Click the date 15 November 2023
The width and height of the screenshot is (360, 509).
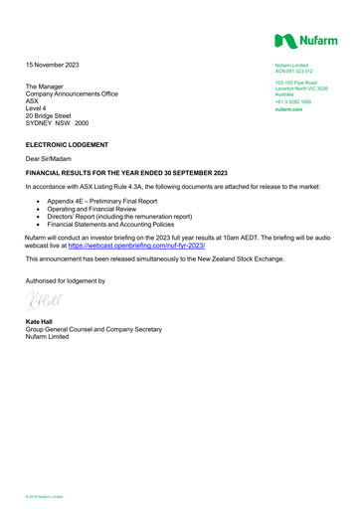tap(53, 66)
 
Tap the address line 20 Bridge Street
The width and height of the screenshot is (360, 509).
tap(52, 115)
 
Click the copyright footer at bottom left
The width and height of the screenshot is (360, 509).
tap(45, 494)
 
